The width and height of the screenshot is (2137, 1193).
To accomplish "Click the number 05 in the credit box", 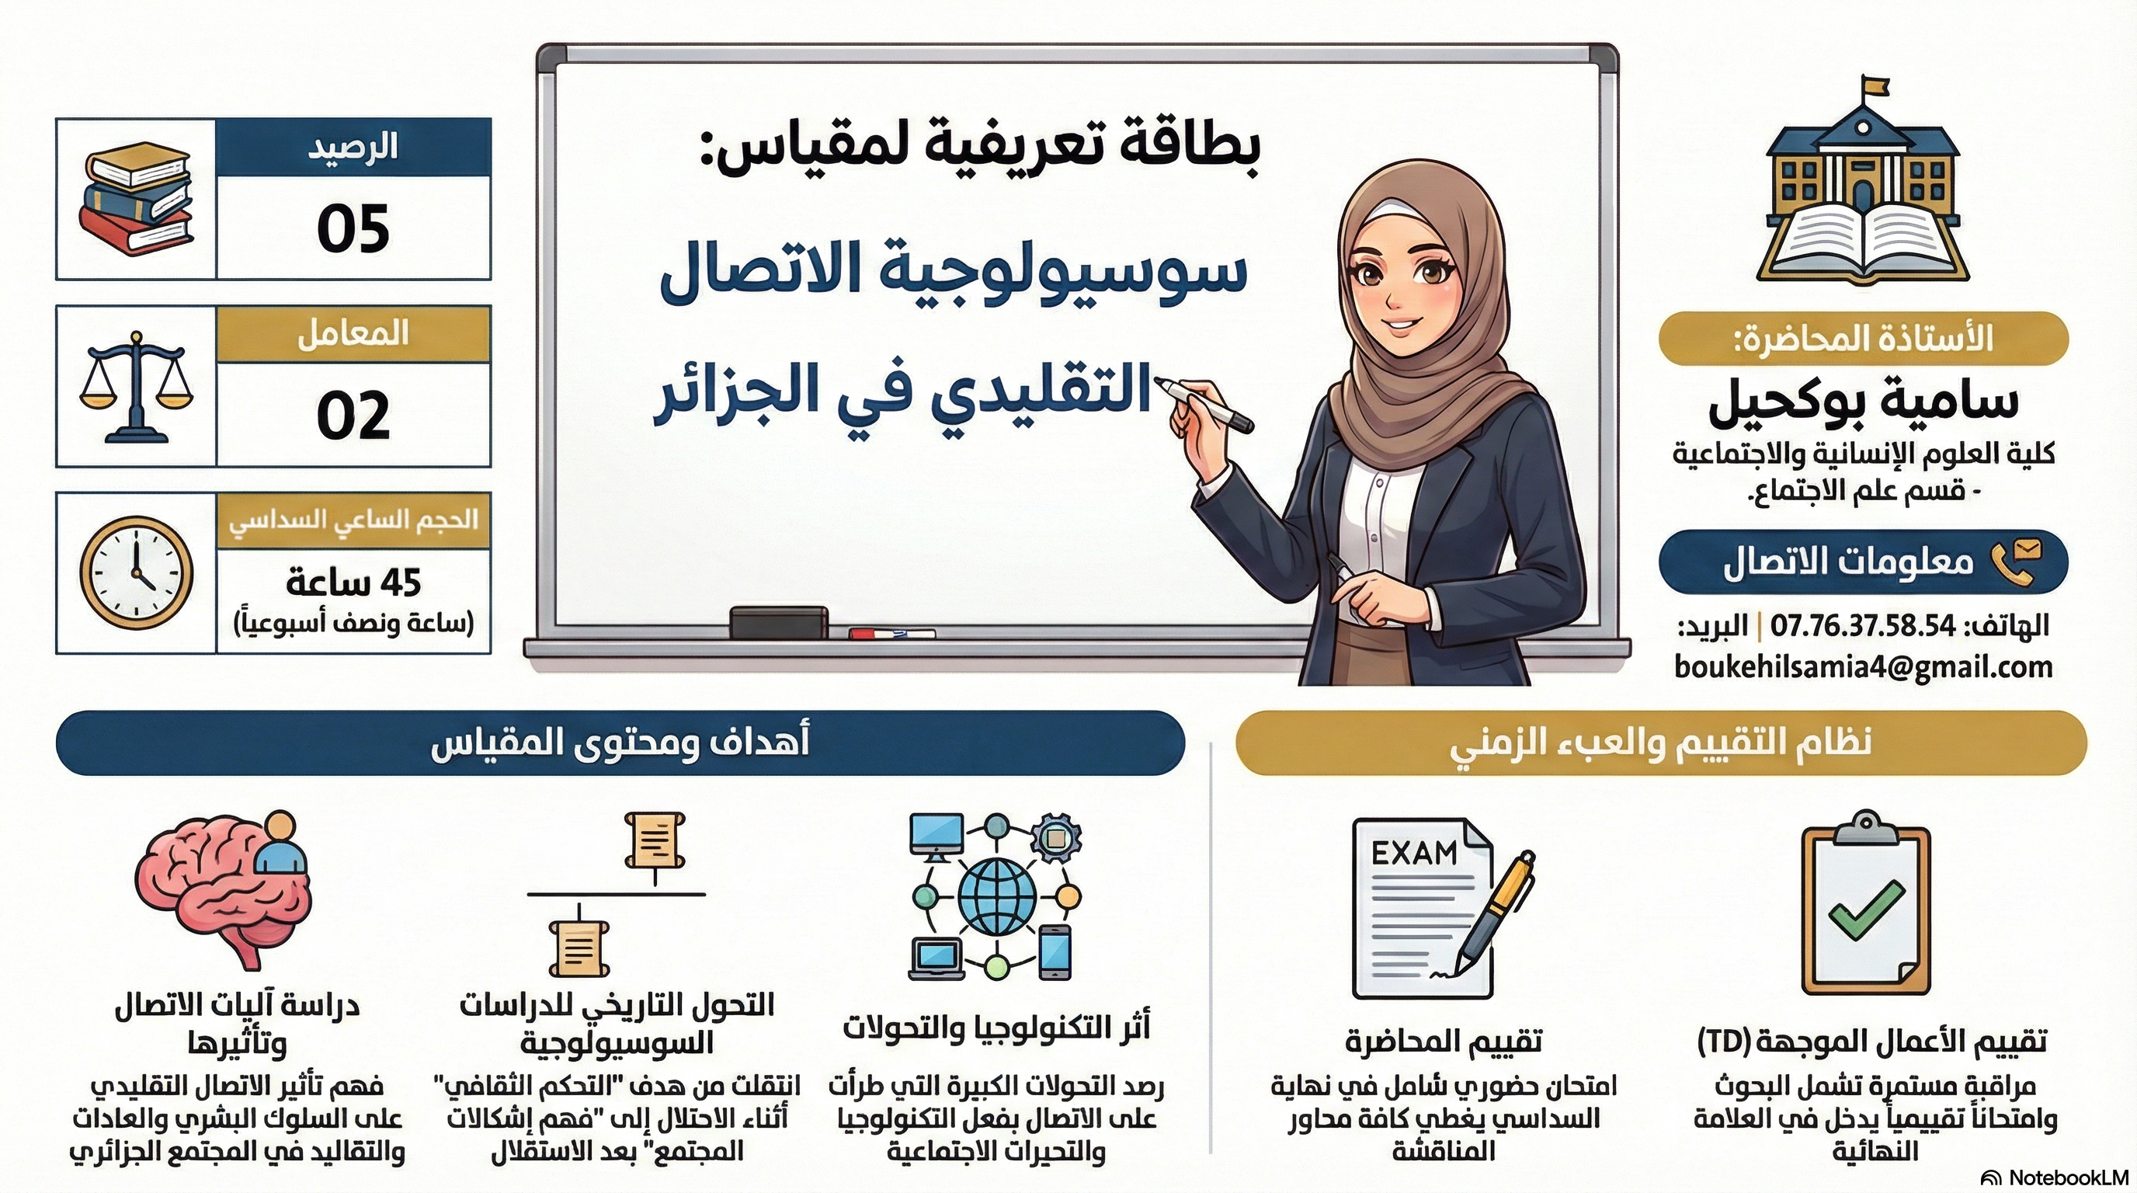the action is tap(353, 229).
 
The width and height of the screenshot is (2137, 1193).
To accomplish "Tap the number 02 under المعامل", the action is tap(353, 415).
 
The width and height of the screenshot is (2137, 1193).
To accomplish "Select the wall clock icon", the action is tap(136, 572).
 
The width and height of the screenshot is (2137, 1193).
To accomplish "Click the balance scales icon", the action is tap(135, 387).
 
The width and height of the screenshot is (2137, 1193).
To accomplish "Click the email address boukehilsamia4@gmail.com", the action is tap(1863, 667).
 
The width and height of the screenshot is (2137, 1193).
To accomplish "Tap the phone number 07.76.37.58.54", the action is tap(1863, 625).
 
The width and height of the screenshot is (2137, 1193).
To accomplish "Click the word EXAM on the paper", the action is tap(1413, 853).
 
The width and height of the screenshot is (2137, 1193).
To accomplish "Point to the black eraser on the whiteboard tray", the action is tap(778, 622).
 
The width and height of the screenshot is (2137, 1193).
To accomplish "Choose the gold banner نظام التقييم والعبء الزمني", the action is tap(1661, 743).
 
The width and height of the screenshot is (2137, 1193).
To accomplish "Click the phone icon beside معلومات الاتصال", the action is tap(2016, 562).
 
